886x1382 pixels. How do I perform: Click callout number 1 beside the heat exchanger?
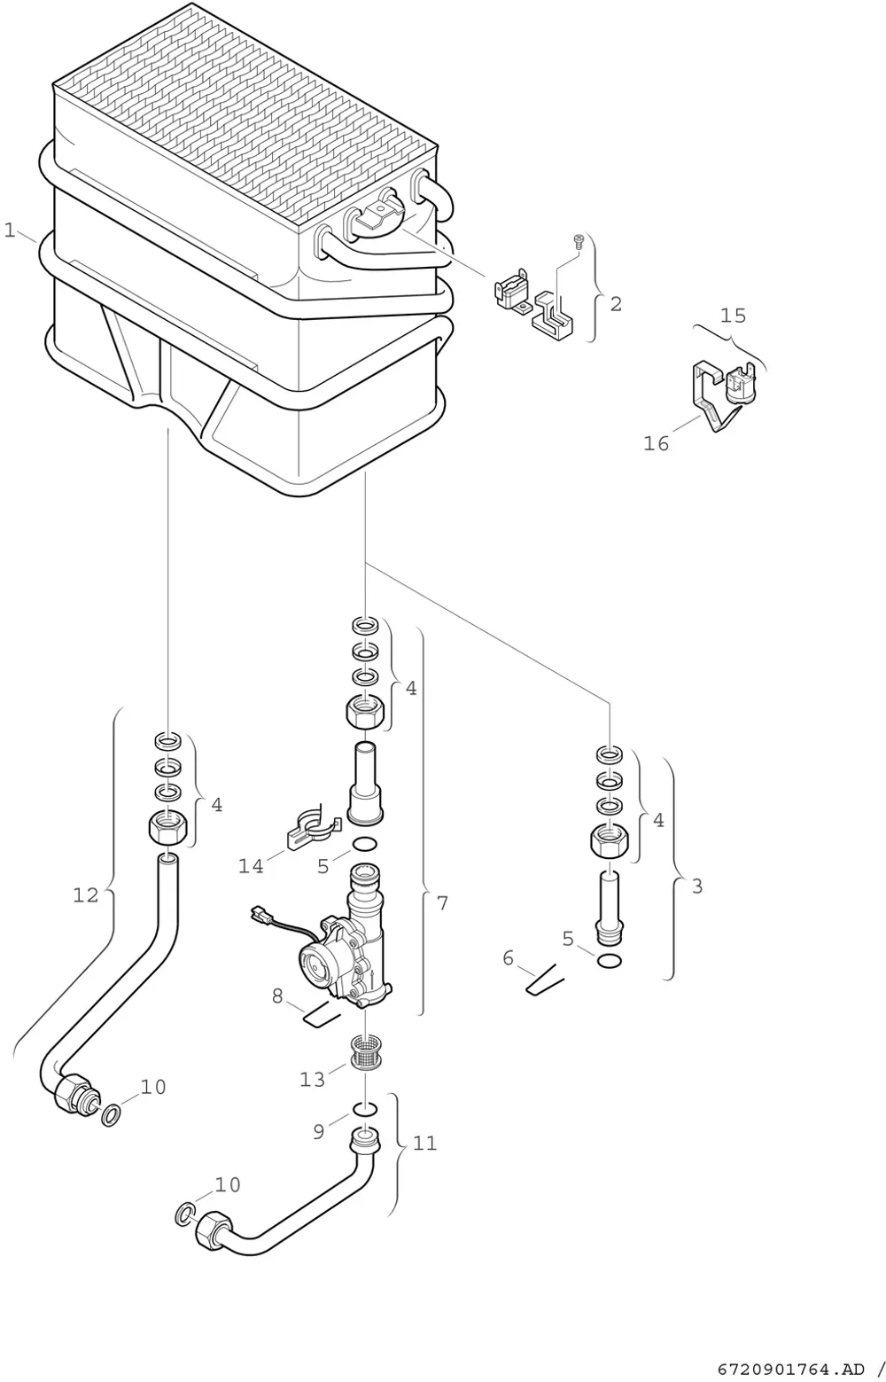pos(9,230)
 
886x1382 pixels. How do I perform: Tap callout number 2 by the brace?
pos(616,303)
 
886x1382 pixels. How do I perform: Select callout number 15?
pos(733,316)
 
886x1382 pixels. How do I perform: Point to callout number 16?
pos(656,443)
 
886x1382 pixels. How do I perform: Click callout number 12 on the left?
pos(86,894)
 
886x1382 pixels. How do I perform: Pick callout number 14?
pos(252,866)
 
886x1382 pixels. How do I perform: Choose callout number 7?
pos(442,902)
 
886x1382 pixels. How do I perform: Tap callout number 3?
pos(697,886)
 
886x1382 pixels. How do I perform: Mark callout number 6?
pos(508,958)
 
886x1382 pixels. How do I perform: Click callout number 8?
pos(277,996)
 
